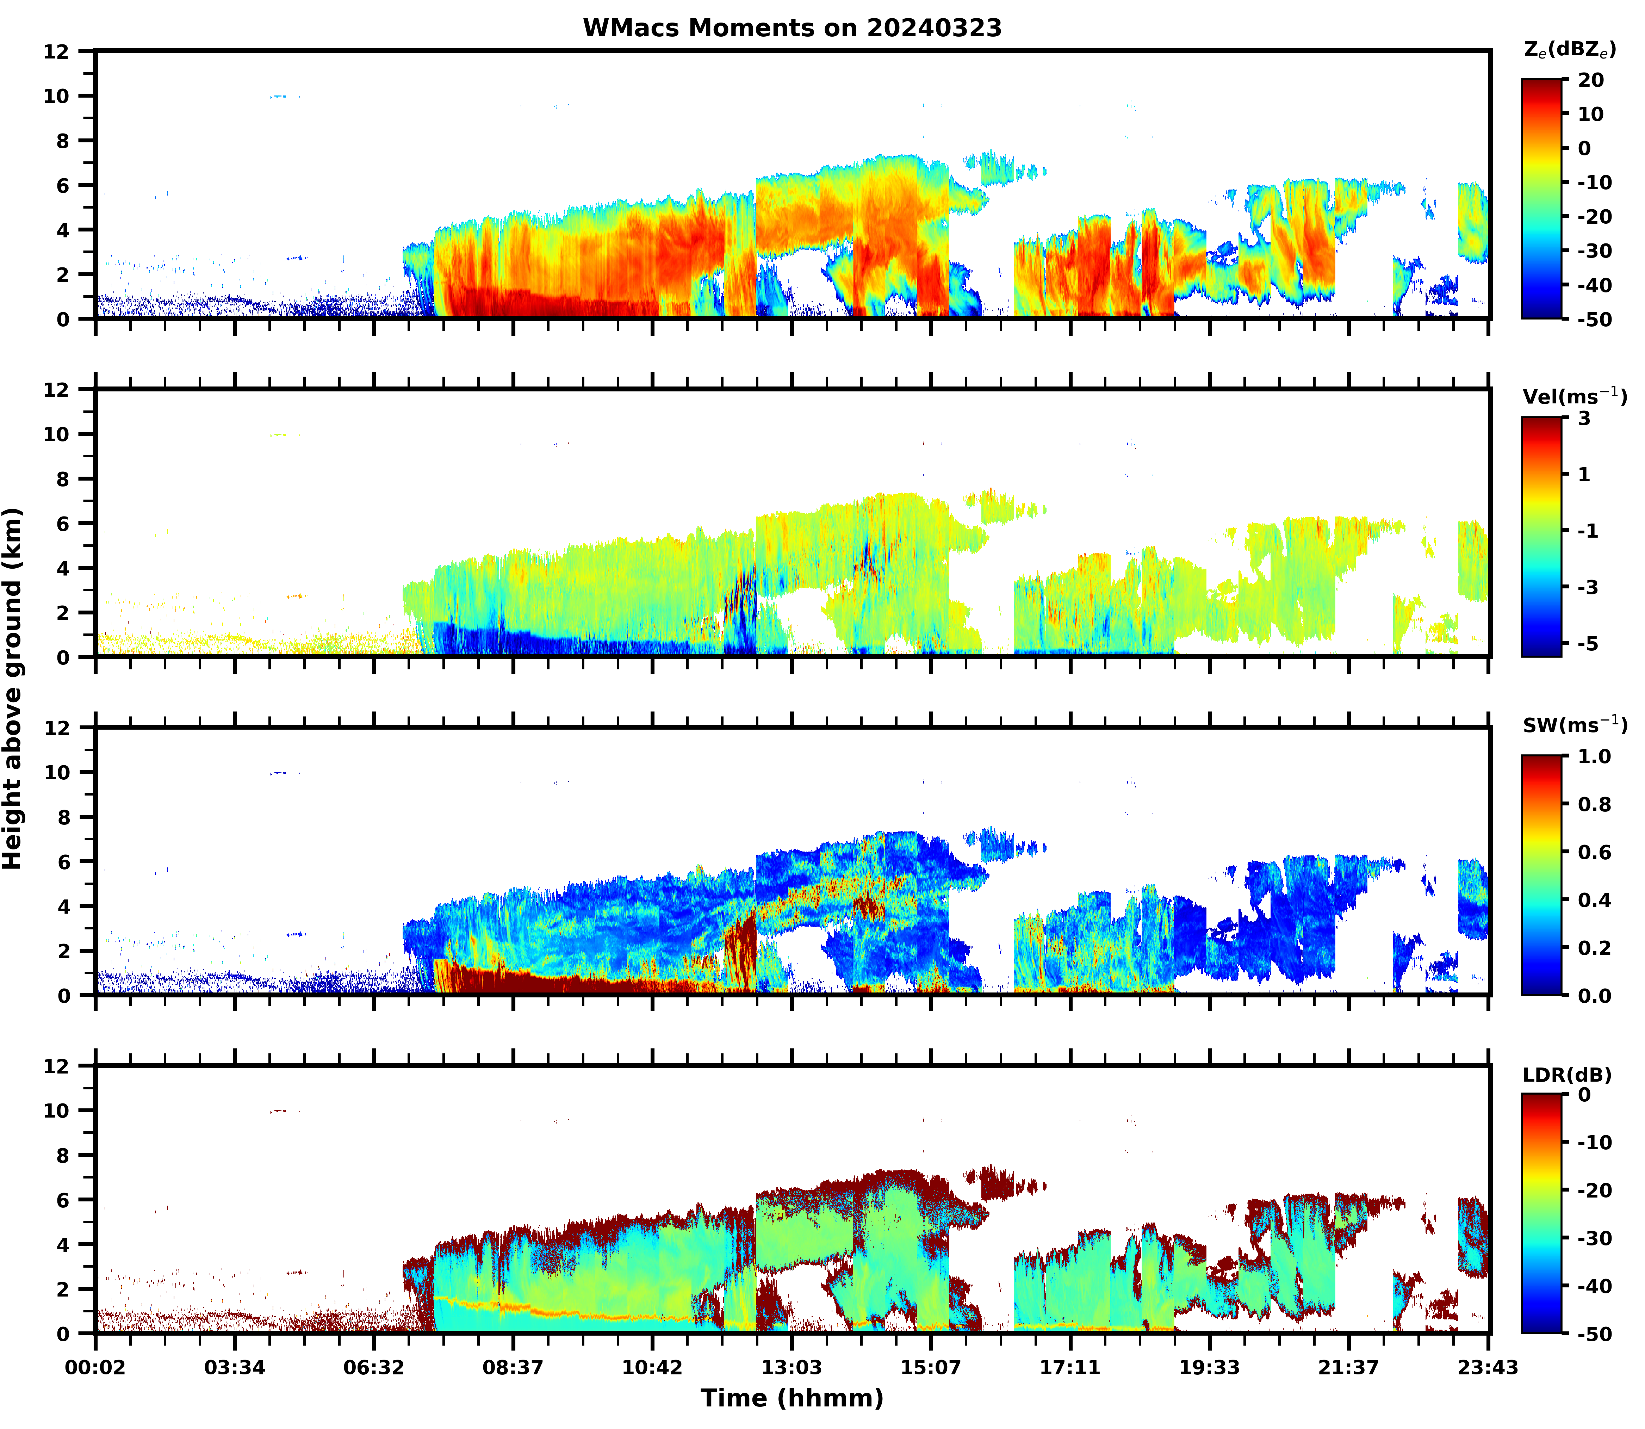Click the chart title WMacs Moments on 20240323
pos(792,28)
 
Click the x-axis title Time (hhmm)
pos(792,1398)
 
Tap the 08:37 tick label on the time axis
pos(513,1368)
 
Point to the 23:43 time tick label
pos(1488,1368)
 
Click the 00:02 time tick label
pos(96,1368)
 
